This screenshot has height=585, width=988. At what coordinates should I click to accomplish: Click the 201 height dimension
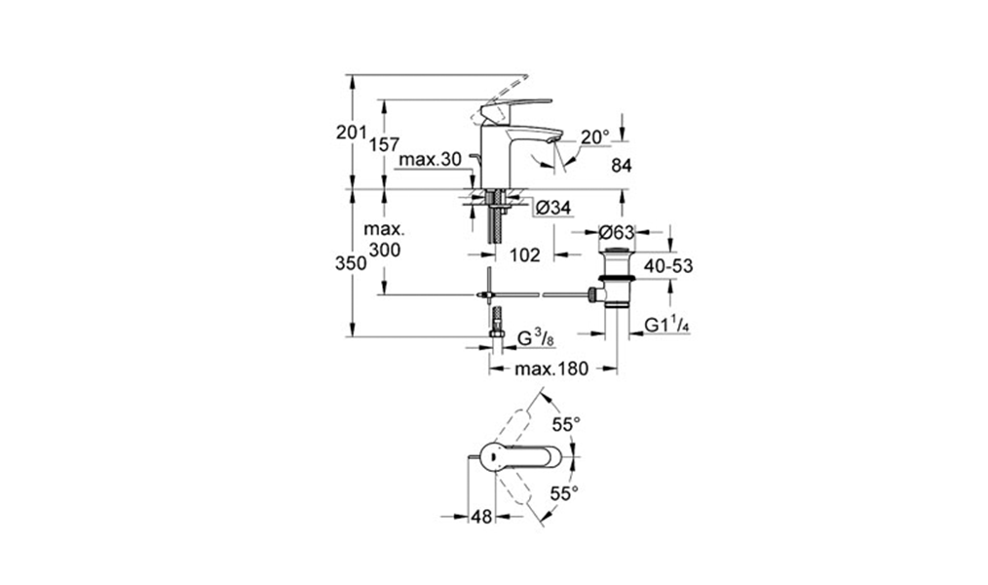point(351,133)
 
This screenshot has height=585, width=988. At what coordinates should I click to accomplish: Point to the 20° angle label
point(594,137)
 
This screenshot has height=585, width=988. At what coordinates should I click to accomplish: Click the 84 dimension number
point(622,166)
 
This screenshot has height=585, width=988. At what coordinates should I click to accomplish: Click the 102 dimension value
point(525,254)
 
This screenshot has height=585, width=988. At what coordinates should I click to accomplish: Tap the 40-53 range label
point(668,265)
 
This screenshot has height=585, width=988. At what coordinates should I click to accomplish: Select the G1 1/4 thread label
point(667,325)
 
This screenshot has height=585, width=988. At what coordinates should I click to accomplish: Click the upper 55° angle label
point(566,424)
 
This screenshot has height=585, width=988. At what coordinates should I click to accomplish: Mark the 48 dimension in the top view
point(481,519)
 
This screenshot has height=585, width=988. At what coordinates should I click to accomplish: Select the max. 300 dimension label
point(385,241)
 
